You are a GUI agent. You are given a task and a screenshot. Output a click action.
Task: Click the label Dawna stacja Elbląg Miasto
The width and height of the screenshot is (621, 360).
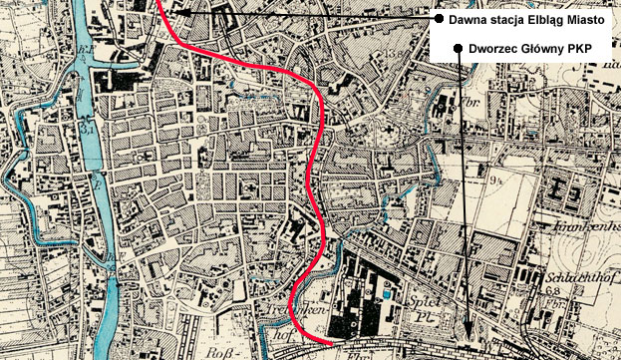point(525,19)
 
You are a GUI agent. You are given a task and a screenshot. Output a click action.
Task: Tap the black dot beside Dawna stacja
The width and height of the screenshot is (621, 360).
point(438,19)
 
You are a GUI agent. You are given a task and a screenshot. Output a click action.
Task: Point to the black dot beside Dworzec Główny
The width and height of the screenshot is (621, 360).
point(458,48)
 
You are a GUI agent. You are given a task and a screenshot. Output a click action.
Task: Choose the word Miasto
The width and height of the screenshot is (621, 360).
point(583,19)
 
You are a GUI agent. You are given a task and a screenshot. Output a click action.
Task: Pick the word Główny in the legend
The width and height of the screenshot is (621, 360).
point(549,48)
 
